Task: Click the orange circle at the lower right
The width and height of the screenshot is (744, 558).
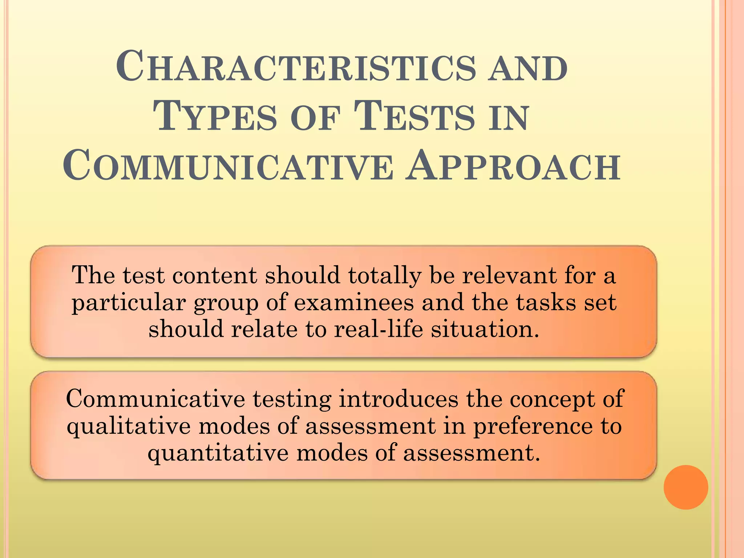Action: [x=686, y=487]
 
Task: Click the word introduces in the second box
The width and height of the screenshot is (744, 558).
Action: [x=399, y=399]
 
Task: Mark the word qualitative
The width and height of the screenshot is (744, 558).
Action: [x=129, y=426]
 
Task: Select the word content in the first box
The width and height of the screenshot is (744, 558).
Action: [x=215, y=275]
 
